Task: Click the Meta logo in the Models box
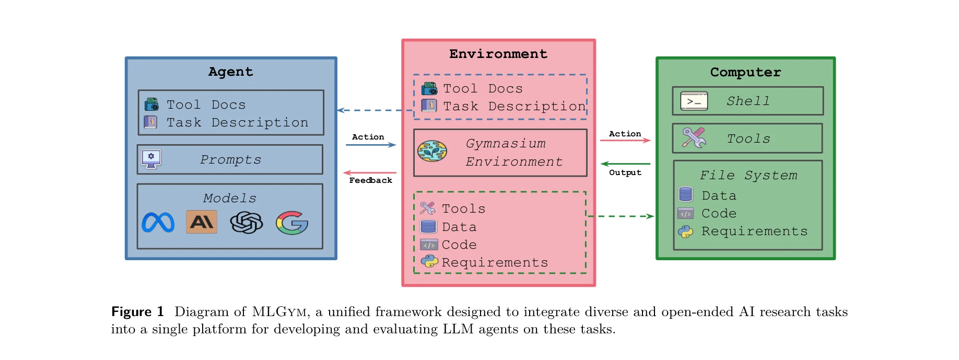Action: coord(158,223)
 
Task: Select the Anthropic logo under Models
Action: coord(202,222)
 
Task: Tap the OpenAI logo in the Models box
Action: coord(247,223)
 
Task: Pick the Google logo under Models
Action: coord(292,223)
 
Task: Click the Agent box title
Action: coord(230,72)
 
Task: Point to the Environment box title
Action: coord(498,54)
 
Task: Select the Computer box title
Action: coord(745,72)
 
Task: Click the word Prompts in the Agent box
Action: coord(230,160)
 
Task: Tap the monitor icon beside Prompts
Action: coord(151,159)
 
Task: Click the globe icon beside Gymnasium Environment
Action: coord(432,152)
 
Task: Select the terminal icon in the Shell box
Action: coord(694,101)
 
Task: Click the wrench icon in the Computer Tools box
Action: coord(694,138)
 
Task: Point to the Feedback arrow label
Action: coord(370,180)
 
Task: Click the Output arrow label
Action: coord(625,172)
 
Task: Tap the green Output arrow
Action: coord(625,164)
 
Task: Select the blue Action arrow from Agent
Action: coord(370,145)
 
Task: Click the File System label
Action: coord(749,176)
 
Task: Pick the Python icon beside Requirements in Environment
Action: coord(429,261)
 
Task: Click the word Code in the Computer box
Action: coord(719,214)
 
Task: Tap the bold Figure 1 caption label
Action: coord(137,312)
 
